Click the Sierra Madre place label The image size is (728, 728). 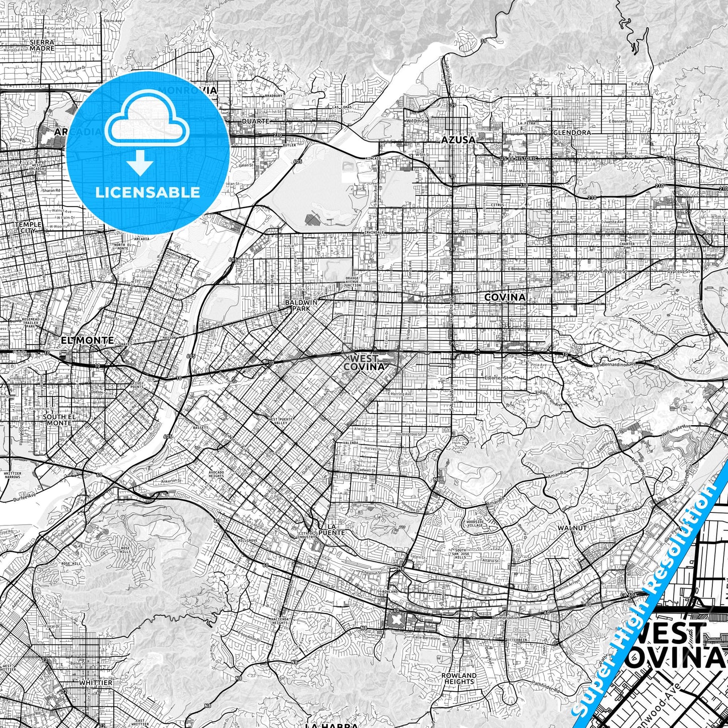[42, 45]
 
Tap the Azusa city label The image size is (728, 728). [458, 140]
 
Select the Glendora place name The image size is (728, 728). [572, 133]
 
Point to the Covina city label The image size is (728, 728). [504, 297]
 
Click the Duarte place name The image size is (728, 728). [256, 121]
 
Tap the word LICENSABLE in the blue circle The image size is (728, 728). [148, 192]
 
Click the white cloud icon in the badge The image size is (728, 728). [148, 123]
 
